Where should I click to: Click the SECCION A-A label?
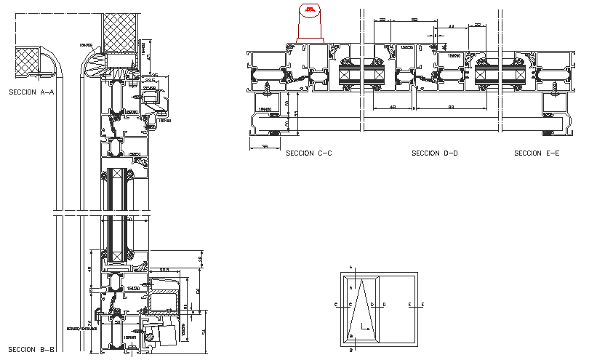(31, 92)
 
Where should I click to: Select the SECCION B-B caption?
(31, 350)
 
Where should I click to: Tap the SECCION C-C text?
(309, 153)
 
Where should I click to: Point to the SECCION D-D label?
(435, 153)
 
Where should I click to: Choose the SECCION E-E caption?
(537, 153)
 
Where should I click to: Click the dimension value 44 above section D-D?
(451, 26)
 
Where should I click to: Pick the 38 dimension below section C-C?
(265, 147)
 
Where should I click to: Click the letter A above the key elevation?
(351, 268)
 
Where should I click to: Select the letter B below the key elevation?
(351, 351)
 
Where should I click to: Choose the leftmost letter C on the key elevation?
(335, 305)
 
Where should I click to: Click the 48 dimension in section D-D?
(392, 108)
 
